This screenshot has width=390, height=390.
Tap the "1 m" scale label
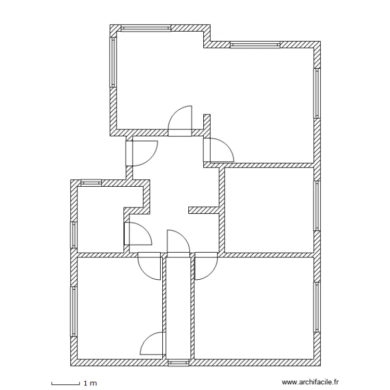pyautogui.click(x=90, y=383)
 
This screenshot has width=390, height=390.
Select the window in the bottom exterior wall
pyautogui.click(x=178, y=362)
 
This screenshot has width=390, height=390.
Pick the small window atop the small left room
pyautogui.click(x=92, y=183)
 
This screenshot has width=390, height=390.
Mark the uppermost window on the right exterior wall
pyautogui.click(x=316, y=94)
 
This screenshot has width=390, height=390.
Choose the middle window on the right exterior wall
pyautogui.click(x=316, y=205)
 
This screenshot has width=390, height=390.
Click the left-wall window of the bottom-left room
pyautogui.click(x=73, y=311)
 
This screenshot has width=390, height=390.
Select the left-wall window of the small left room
pyautogui.click(x=73, y=235)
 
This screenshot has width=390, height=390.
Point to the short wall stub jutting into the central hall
pyautogui.click(x=203, y=210)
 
